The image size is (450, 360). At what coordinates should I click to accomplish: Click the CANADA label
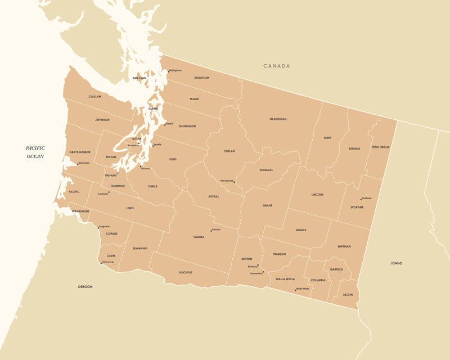(277, 66)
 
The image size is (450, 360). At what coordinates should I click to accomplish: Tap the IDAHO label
(397, 263)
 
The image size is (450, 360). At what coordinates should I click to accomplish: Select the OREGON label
(85, 287)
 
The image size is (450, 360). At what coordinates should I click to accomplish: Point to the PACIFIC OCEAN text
(35, 152)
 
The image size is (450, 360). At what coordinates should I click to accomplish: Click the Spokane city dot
(361, 199)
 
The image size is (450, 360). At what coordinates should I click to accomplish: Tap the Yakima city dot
(211, 231)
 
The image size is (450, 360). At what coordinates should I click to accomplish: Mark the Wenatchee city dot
(235, 182)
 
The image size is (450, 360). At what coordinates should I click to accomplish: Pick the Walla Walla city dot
(295, 290)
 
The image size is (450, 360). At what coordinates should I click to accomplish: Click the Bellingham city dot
(168, 71)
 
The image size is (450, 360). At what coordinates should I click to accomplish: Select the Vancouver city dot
(101, 263)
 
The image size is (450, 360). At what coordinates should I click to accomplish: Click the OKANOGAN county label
(278, 119)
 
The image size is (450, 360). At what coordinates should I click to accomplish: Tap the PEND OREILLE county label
(381, 147)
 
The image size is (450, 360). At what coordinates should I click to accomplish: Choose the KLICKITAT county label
(186, 272)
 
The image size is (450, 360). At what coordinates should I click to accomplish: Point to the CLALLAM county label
(95, 97)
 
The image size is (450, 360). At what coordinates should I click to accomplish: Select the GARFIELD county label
(336, 269)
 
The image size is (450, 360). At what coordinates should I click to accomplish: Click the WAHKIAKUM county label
(80, 211)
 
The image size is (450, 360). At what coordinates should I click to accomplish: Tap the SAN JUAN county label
(139, 78)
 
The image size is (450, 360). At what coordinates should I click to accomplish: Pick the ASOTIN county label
(348, 295)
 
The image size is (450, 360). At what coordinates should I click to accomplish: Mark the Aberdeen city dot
(77, 164)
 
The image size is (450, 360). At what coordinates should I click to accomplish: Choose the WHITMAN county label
(344, 246)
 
